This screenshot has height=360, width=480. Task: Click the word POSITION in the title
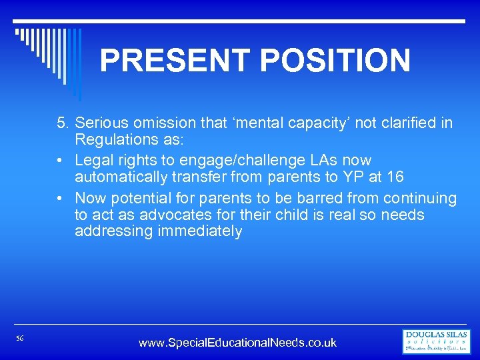(335, 61)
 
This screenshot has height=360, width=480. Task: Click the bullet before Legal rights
(61, 161)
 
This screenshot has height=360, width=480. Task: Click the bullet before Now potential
(61, 199)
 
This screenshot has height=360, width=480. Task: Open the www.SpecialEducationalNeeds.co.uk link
(237, 343)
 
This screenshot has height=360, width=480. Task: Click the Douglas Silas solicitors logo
(437, 341)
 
